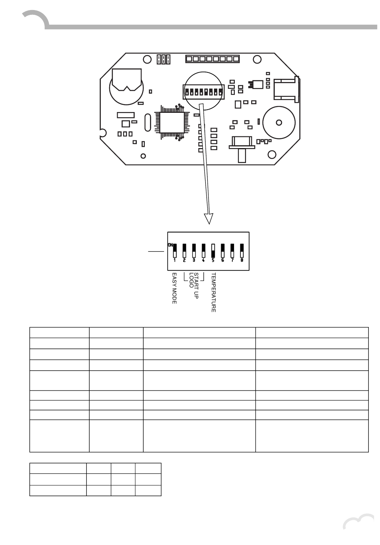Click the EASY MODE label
point(174,289)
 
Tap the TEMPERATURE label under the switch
point(213,293)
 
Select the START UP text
point(196,286)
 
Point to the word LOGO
point(191,280)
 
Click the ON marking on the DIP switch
point(170,245)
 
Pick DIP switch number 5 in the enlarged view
point(213,250)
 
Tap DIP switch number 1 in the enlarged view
point(175,250)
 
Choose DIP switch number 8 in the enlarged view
point(242,250)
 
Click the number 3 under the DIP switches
point(194,260)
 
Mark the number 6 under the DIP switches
point(222,260)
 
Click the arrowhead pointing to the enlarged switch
point(209,218)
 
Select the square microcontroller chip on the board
point(172,122)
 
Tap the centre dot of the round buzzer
point(279,122)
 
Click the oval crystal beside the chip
point(148,122)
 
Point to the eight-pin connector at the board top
point(212,59)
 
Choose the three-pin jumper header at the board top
point(164,59)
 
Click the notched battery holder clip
point(126,79)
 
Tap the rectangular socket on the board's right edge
point(286,89)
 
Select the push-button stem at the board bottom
point(242,156)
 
